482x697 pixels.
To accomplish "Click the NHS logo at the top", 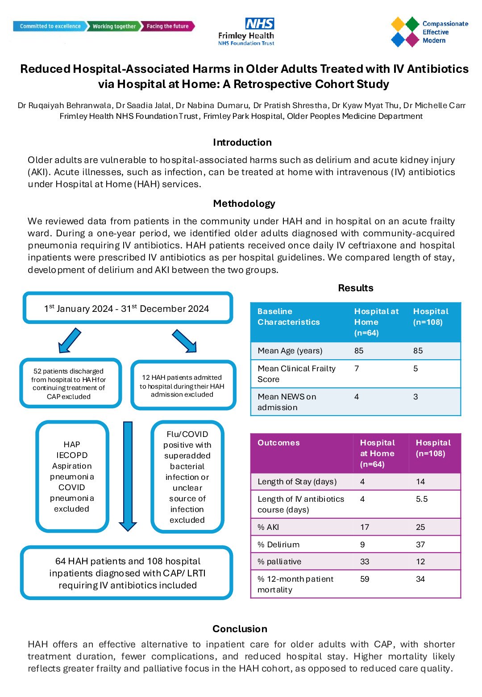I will (259, 24).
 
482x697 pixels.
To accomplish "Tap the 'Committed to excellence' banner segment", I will (50, 26).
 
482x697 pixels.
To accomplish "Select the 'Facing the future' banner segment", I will (168, 26).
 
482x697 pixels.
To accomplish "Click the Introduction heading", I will (242, 143).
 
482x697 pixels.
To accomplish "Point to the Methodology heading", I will (244, 204).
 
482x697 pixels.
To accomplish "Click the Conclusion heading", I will (240, 629).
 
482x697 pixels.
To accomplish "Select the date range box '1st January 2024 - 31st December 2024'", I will (128, 308).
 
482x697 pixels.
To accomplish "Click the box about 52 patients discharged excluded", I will (70, 383).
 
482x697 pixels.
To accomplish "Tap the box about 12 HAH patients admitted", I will (183, 386).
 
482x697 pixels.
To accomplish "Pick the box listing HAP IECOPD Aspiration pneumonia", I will (72, 476).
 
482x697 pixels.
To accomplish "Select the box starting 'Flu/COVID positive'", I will (187, 477).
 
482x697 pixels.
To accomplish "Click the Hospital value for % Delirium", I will (420, 545).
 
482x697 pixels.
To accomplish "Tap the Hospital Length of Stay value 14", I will (420, 482).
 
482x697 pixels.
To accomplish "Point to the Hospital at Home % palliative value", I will (365, 562).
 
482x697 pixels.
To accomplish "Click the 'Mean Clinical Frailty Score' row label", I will (296, 374).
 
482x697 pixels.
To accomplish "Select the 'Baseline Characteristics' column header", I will (288, 317).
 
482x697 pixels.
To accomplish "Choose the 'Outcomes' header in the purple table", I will (278, 443).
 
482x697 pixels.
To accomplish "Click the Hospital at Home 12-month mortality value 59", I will (365, 579).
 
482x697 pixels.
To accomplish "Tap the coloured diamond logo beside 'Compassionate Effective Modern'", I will (405, 32).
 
